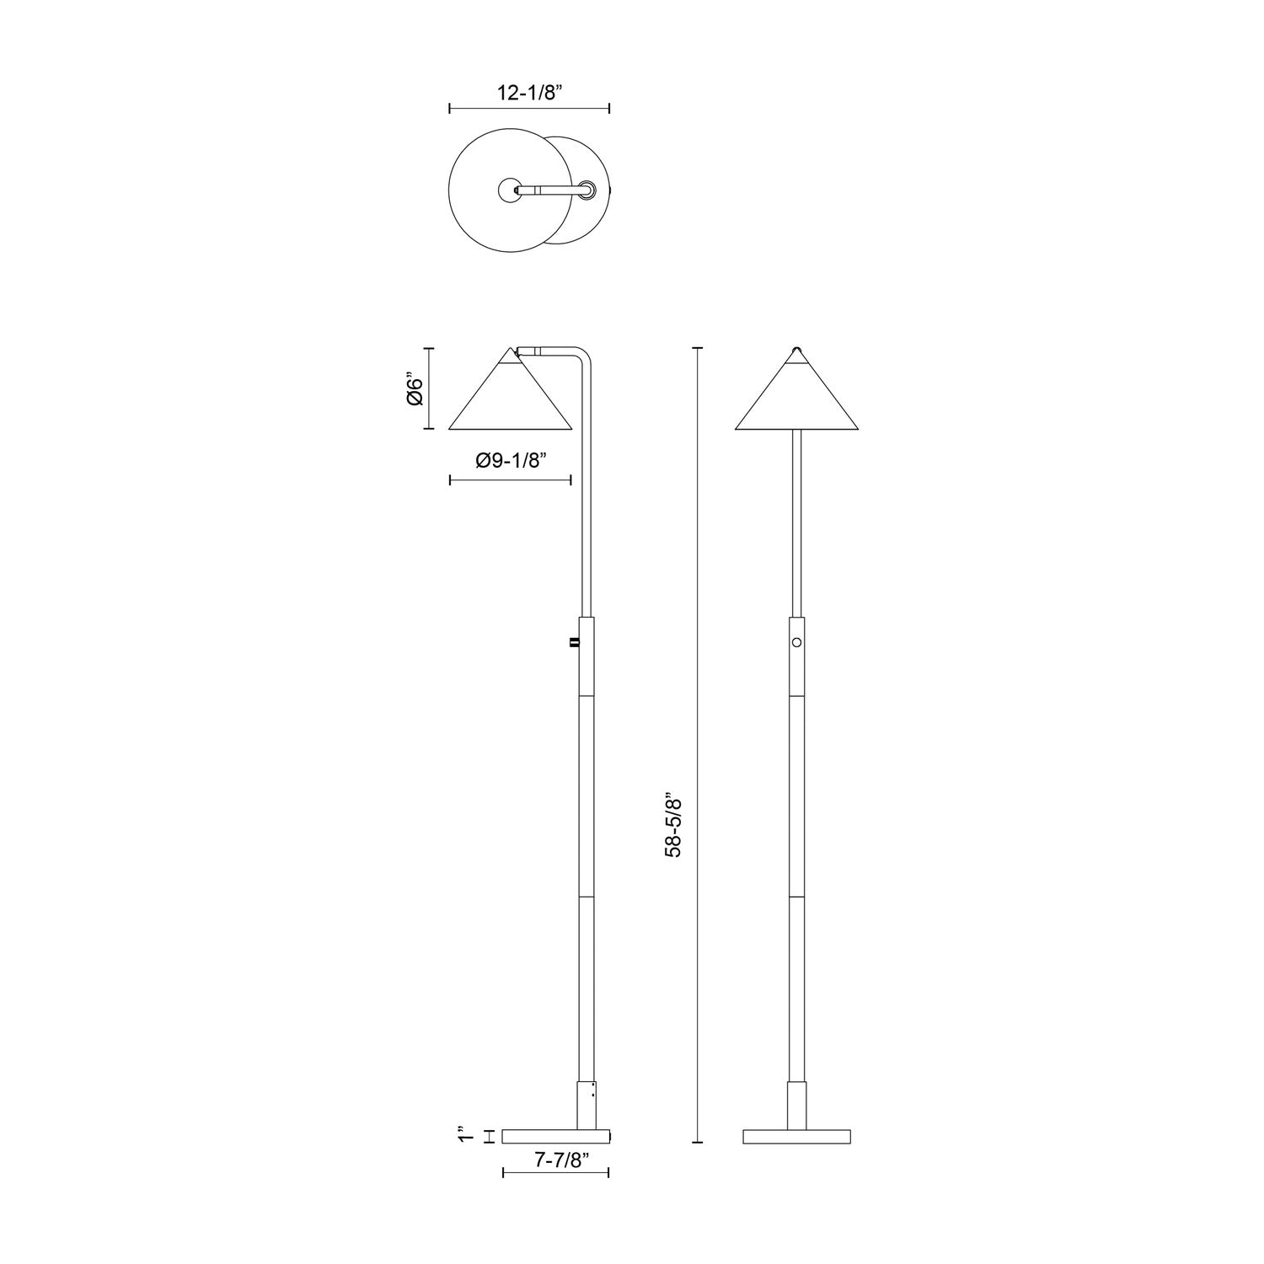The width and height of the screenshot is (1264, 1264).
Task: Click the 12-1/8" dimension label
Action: pyautogui.click(x=529, y=93)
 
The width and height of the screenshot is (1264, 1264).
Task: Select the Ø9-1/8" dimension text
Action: pyautogui.click(x=511, y=460)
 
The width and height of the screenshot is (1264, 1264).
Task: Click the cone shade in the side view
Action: pyautogui.click(x=511, y=400)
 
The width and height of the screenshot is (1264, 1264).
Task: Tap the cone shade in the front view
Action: pyautogui.click(x=796, y=400)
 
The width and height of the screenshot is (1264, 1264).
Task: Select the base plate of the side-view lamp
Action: pyautogui.click(x=555, y=1137)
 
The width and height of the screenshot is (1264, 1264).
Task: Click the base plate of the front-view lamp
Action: pyautogui.click(x=796, y=1137)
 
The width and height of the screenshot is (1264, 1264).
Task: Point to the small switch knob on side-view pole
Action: pyautogui.click(x=575, y=644)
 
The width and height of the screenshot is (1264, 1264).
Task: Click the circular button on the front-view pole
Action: pyautogui.click(x=796, y=642)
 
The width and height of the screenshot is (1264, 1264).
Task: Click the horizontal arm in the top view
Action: pyautogui.click(x=548, y=191)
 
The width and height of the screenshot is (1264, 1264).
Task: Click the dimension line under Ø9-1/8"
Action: pyautogui.click(x=511, y=480)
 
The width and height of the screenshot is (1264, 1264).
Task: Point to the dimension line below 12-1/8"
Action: pyautogui.click(x=529, y=108)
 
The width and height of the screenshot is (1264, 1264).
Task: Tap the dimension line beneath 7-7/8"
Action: pyautogui.click(x=555, y=1172)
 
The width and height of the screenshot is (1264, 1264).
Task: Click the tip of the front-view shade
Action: pyautogui.click(x=796, y=348)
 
